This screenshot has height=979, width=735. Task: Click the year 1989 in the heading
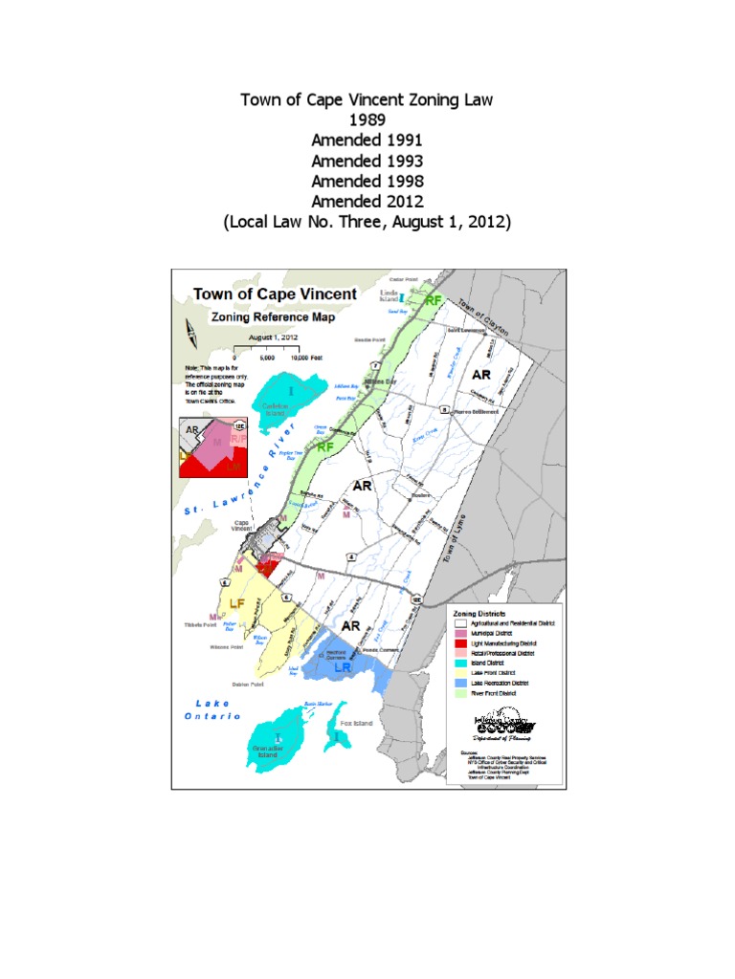click(367, 120)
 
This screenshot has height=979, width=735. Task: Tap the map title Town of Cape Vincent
click(275, 294)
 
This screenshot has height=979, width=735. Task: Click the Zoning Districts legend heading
click(481, 612)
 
